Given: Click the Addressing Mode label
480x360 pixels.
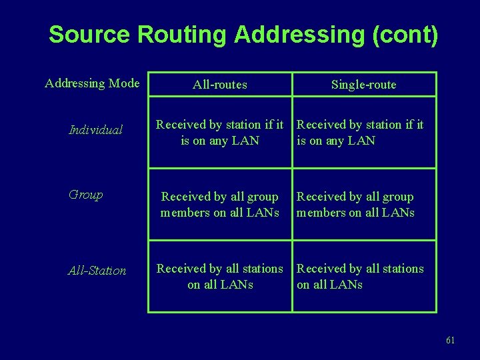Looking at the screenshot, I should point(92,83).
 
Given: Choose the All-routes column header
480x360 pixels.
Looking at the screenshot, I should point(220,85).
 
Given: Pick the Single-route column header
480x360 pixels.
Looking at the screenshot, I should point(364,85).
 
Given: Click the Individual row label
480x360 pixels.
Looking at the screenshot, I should point(96,130).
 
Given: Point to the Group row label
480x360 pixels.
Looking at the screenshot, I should point(86,195).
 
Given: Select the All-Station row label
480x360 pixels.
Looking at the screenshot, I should point(97,271).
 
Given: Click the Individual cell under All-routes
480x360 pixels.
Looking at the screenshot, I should point(220,132).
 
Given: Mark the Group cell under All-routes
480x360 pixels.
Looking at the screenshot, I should point(220,205).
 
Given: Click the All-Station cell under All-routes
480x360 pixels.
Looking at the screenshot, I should point(220,277).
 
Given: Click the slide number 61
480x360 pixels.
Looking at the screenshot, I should point(450,341).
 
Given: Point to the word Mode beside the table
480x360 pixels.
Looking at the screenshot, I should point(124,83).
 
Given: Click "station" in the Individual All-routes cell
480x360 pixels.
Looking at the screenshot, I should point(243,125).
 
